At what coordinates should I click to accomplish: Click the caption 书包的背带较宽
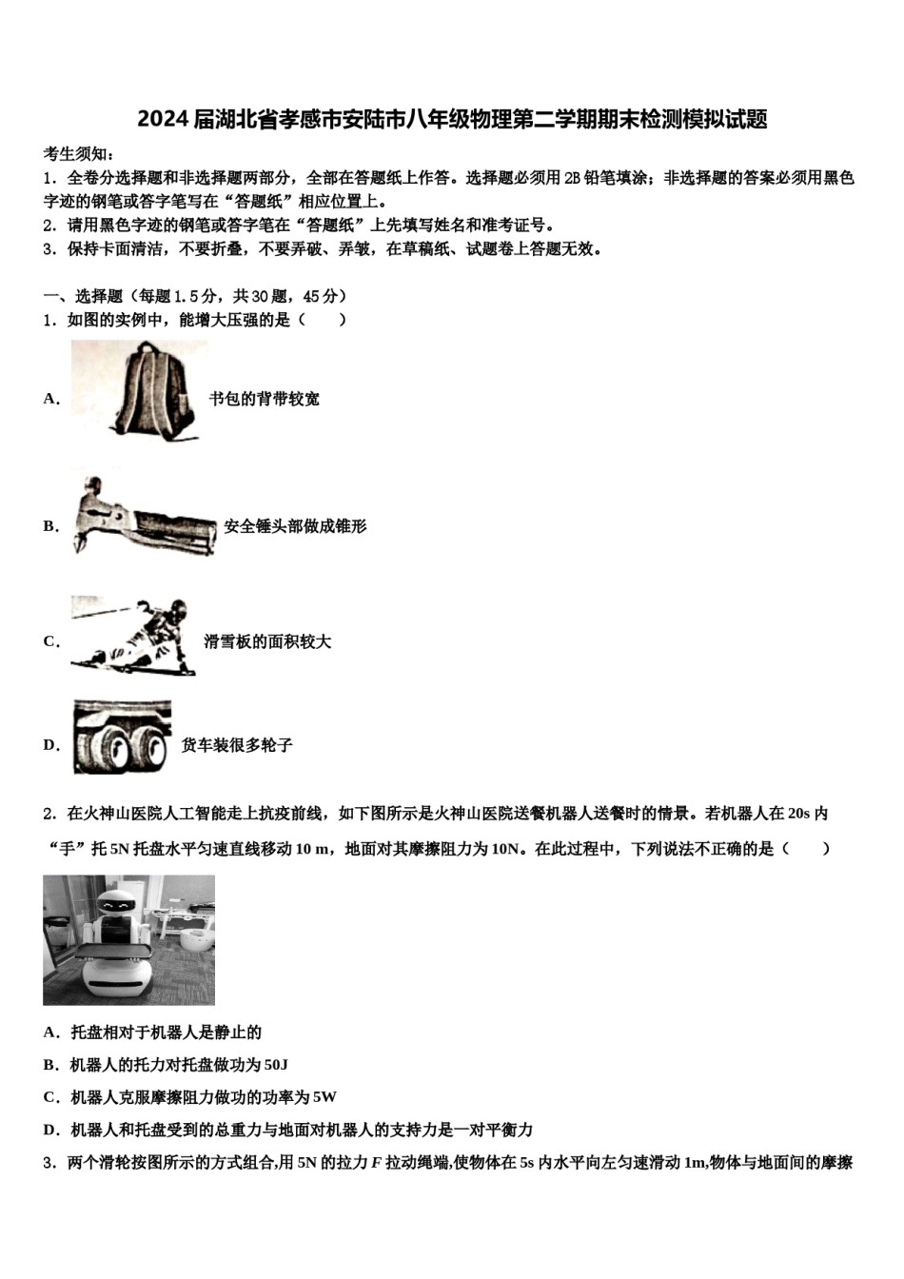tap(264, 399)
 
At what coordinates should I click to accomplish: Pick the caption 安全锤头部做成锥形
tap(295, 526)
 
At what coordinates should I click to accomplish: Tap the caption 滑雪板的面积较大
tap(267, 641)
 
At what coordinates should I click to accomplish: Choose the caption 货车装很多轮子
tap(237, 745)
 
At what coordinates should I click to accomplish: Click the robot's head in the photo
tap(118, 903)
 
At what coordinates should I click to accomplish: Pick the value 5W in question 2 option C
tap(324, 1097)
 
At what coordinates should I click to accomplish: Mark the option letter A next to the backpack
tap(49, 399)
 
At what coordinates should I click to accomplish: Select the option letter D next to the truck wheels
tap(49, 745)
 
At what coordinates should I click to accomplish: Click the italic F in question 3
tap(375, 1162)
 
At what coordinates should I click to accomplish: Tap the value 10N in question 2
tap(505, 848)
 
